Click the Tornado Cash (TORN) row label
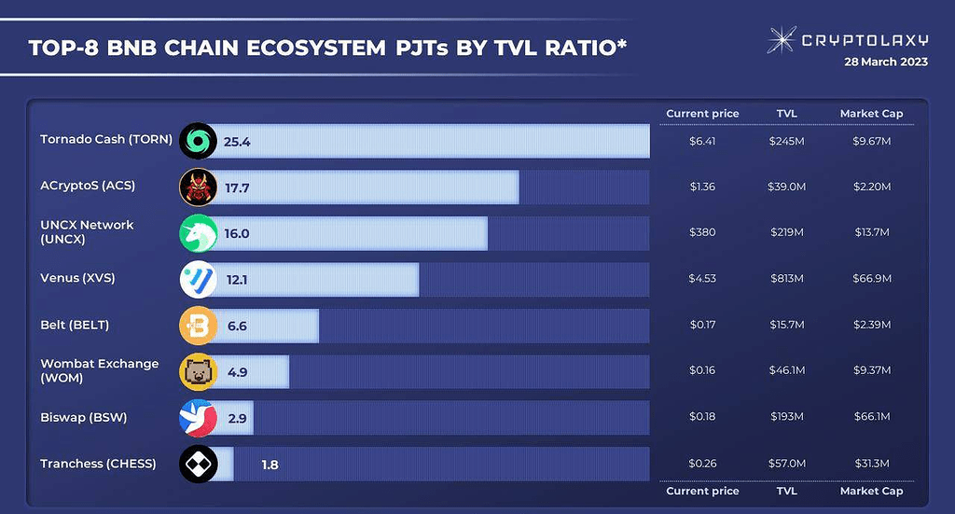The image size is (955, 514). click(106, 140)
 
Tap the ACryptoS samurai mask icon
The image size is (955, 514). click(198, 187)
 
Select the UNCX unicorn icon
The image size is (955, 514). click(198, 232)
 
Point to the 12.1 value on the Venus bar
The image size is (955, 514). click(236, 279)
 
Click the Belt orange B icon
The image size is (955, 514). click(198, 325)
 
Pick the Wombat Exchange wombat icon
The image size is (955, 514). click(198, 371)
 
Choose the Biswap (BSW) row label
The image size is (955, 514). click(83, 417)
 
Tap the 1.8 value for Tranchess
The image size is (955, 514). click(270, 464)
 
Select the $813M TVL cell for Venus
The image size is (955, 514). click(786, 279)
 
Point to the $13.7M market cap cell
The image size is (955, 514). click(872, 232)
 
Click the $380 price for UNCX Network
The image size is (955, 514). click(702, 232)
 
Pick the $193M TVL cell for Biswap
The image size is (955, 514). click(786, 417)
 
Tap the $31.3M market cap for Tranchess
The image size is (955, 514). click(872, 464)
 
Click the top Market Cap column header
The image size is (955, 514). click(872, 114)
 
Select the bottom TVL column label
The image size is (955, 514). click(786, 491)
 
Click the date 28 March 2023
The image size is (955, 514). click(886, 63)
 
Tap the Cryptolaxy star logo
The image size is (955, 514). click(781, 40)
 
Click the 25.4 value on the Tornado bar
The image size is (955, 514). click(237, 141)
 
